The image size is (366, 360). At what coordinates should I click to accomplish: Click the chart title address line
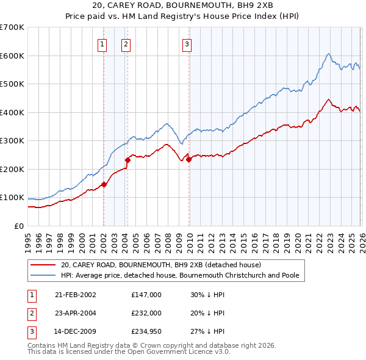182,5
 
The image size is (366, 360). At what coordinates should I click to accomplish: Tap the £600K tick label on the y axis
12,56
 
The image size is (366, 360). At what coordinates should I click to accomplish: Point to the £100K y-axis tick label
12,198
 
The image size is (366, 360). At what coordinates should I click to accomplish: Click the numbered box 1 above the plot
102,43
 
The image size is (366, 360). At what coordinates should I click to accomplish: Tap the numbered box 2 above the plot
126,43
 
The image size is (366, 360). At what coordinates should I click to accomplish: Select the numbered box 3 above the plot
187,43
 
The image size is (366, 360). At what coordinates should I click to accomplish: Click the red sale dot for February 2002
104,184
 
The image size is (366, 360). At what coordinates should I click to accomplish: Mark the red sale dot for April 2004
128,160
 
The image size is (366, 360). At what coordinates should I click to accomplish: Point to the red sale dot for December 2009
188,159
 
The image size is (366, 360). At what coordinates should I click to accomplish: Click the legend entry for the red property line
160,265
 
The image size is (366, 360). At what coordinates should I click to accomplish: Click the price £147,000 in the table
146,295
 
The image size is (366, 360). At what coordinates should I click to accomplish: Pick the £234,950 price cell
146,333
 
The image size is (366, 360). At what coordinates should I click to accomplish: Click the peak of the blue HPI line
328,54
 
